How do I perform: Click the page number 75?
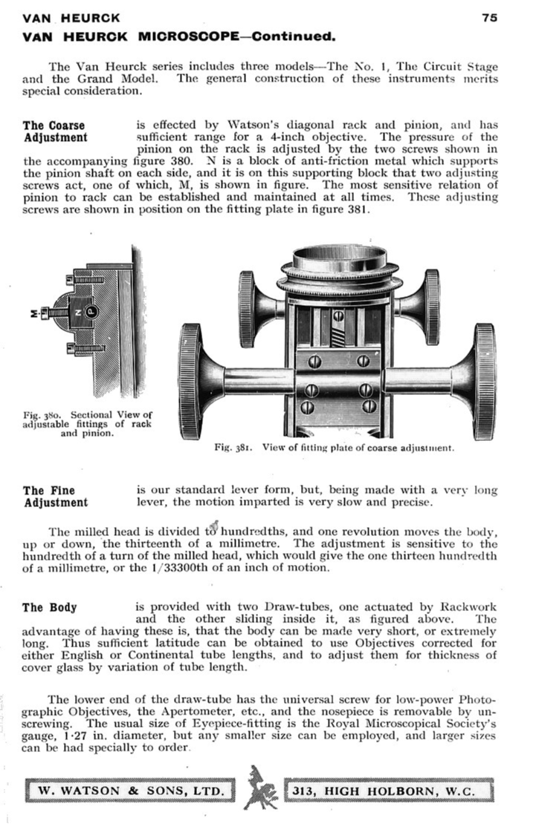coord(489,18)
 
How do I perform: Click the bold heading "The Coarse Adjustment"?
coord(55,131)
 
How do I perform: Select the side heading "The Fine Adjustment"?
coord(55,497)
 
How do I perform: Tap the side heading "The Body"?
coord(50,607)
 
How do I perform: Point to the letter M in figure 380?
coord(33,314)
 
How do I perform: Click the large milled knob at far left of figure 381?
coord(192,381)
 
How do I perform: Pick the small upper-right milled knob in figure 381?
coord(430,306)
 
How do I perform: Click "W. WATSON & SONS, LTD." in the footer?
coord(130,791)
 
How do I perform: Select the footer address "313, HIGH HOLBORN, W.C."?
coord(389,791)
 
